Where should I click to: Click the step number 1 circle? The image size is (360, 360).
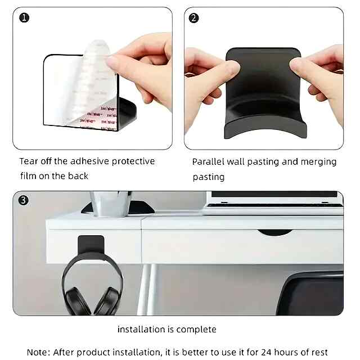(24, 18)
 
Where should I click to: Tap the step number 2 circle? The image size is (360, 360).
(193, 18)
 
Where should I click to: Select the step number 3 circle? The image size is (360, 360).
(23, 200)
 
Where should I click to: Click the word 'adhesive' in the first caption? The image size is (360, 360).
(90, 161)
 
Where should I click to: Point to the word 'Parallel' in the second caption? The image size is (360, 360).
(208, 161)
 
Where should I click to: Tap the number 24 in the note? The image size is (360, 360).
(266, 352)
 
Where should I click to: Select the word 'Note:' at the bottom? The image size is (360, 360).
(38, 352)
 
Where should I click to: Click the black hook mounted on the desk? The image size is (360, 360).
(91, 245)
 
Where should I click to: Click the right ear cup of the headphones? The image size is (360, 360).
(108, 301)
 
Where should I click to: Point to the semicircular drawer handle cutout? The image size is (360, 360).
(275, 232)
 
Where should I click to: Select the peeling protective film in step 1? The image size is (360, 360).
(92, 85)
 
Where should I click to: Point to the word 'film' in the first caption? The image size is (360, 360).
(28, 176)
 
